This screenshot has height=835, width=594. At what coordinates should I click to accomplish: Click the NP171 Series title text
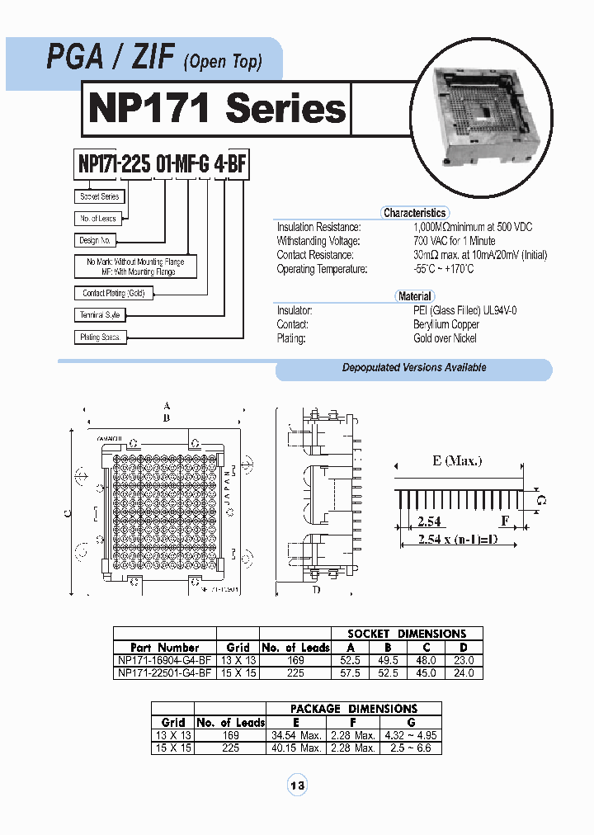point(217,108)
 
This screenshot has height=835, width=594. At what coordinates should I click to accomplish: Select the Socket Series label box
point(100,197)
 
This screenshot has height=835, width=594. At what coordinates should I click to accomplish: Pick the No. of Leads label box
point(98,219)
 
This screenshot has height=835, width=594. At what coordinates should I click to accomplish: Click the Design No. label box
point(95,240)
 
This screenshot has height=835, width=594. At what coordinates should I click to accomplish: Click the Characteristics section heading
point(414,213)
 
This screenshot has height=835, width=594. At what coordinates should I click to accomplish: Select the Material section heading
point(414,296)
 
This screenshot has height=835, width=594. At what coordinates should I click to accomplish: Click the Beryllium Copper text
point(446,324)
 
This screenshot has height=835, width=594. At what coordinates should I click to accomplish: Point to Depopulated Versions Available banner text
point(414,368)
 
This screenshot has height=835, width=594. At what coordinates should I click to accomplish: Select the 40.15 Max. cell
point(299,748)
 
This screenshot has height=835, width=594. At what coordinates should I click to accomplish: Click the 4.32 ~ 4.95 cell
point(410,735)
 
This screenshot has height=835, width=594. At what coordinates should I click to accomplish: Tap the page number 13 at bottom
point(297,785)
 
